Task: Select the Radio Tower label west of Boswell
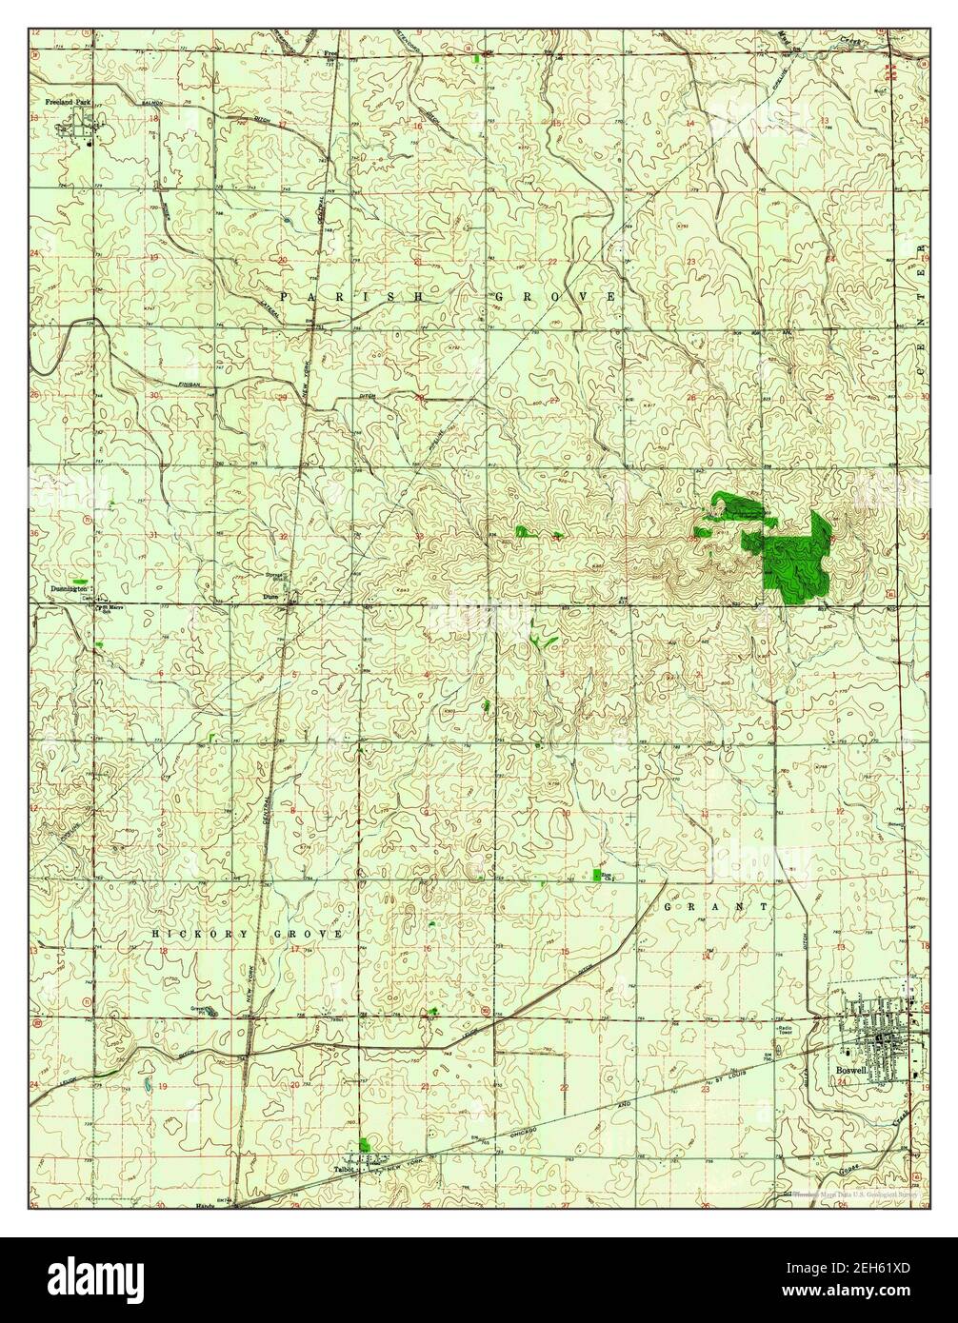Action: [x=783, y=1031]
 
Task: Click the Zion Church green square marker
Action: [x=597, y=874]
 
